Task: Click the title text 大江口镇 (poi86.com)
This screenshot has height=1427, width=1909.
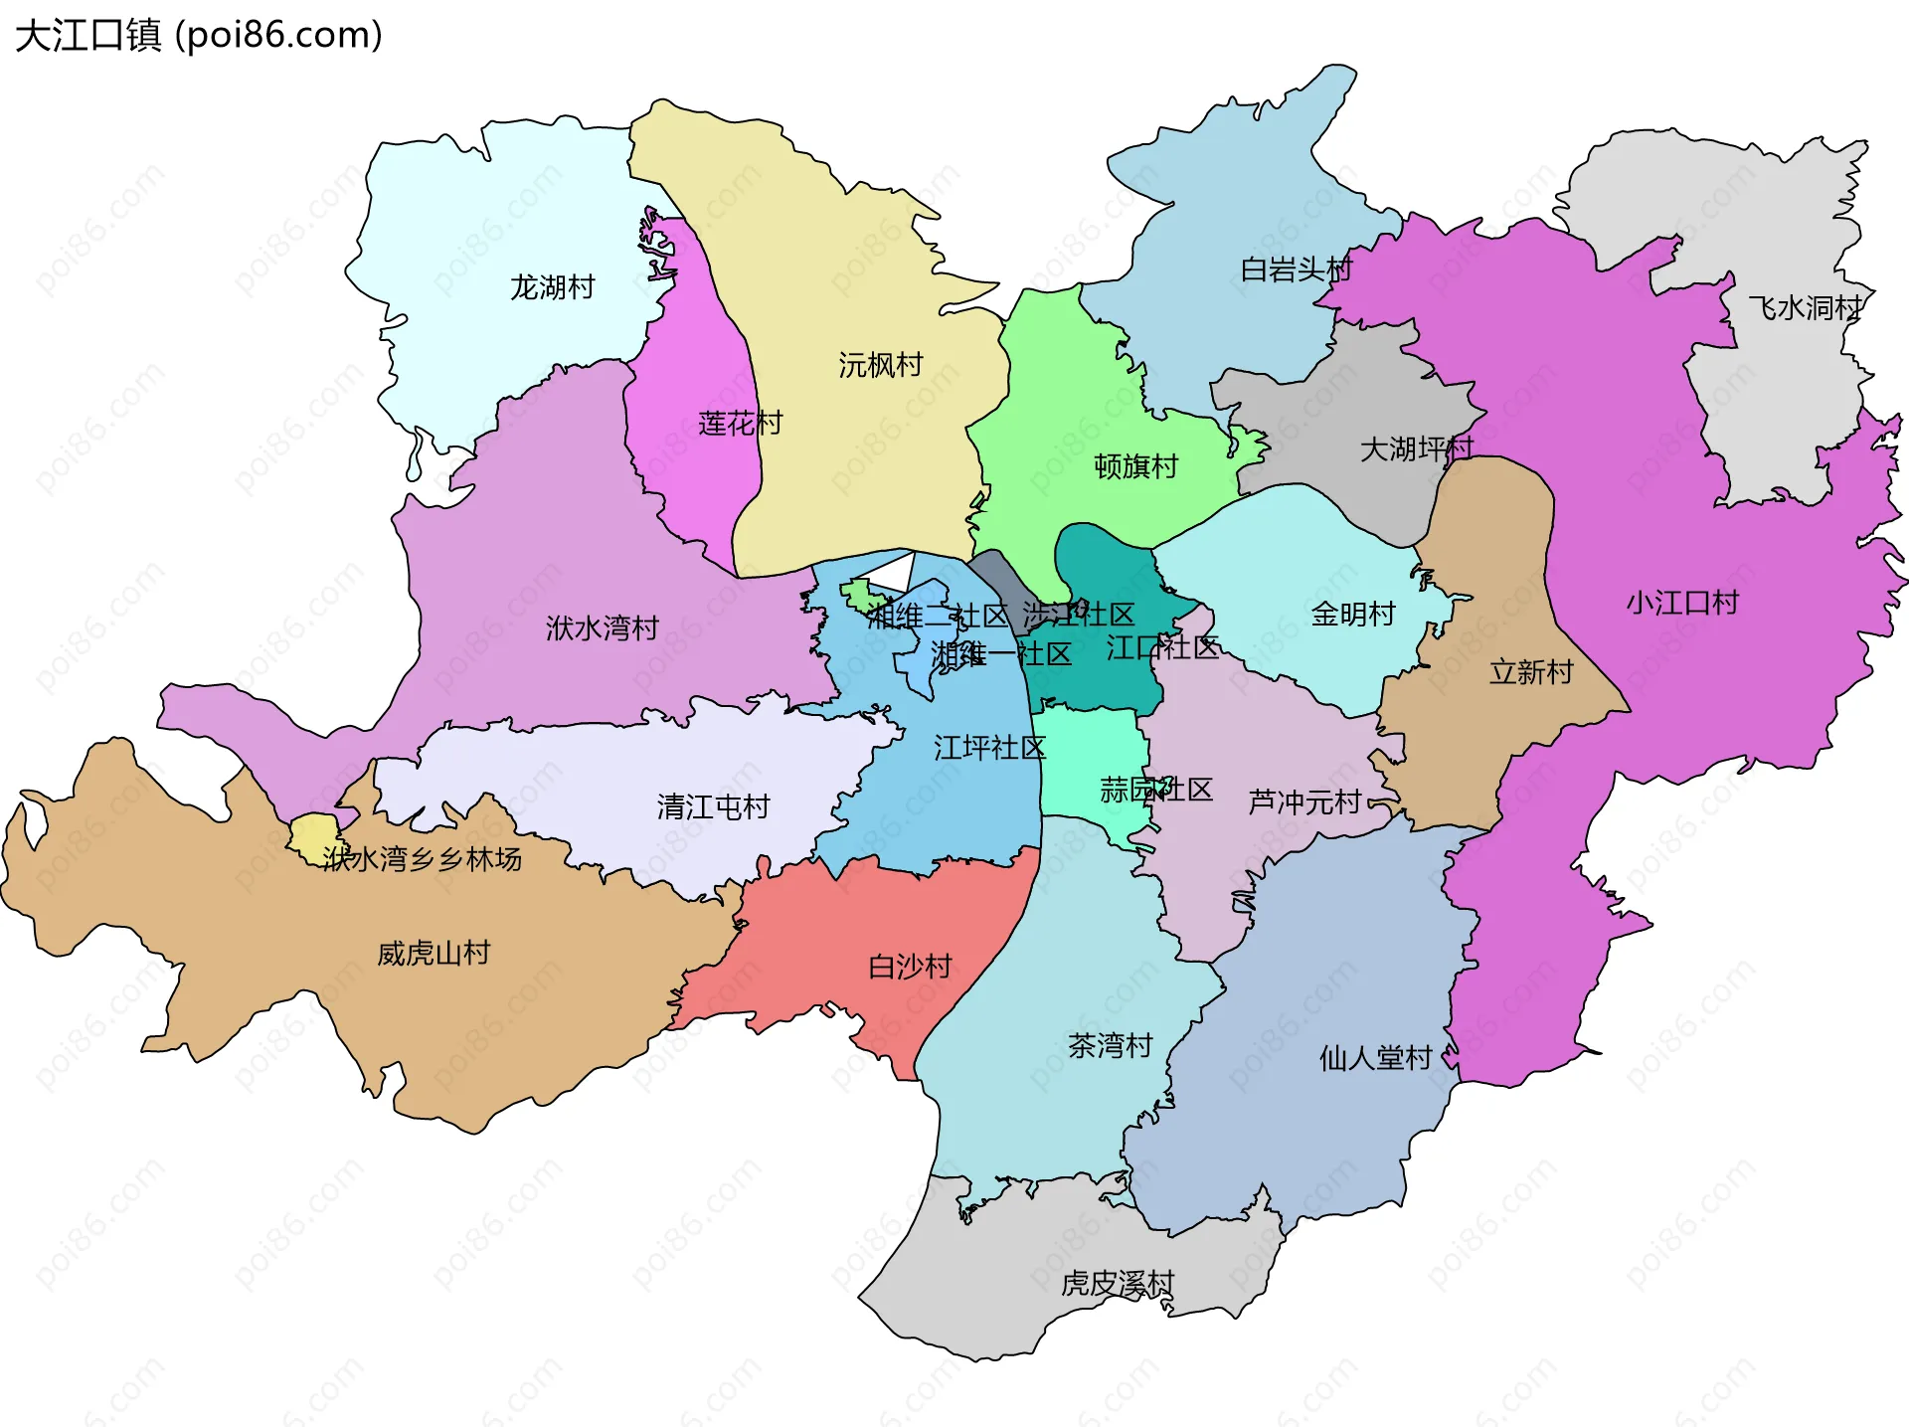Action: [199, 36]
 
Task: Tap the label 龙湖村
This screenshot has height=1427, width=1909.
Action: [553, 287]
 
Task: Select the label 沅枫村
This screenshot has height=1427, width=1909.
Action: [881, 365]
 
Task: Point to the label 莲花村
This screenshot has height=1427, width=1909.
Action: [740, 424]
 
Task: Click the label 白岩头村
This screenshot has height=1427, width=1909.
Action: [1297, 269]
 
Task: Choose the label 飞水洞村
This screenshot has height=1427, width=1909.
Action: [1806, 308]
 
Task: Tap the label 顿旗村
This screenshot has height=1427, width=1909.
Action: [1135, 466]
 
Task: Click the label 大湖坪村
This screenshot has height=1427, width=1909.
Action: [1416, 449]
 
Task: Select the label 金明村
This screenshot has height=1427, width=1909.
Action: [1353, 615]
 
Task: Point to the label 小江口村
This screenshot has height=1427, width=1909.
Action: [1682, 603]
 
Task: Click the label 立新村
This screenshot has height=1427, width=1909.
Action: [1531, 672]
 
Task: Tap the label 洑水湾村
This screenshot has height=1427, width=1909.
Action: [603, 628]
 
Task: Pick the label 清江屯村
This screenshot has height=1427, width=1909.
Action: [713, 806]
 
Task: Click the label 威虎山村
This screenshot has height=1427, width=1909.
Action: [434, 954]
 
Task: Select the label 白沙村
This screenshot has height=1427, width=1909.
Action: [910, 967]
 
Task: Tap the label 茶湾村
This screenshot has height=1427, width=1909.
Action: [1110, 1045]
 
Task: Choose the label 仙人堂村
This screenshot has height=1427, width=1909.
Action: [1375, 1058]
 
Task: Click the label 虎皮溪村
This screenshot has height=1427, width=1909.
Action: [1118, 1284]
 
